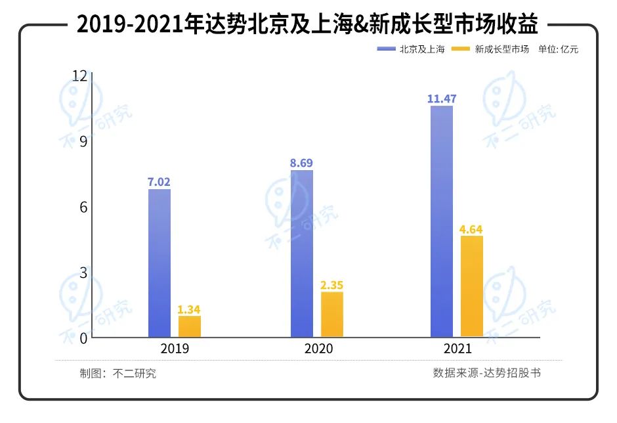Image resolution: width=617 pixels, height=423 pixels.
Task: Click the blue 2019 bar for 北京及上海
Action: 160,263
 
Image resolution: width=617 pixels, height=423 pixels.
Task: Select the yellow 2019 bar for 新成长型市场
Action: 190,326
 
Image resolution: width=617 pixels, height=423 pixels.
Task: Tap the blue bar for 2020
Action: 302,254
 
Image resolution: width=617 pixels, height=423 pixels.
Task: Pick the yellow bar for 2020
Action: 332,315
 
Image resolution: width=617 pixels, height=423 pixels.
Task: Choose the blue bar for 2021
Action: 442,221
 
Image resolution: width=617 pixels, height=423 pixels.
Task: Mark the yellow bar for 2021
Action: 472,286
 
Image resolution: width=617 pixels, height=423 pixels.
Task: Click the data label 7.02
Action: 160,181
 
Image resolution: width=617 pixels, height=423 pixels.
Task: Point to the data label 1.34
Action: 190,309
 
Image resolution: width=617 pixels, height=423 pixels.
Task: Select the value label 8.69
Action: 302,162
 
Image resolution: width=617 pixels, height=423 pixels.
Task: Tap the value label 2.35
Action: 332,285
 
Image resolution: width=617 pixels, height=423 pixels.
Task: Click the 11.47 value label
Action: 442,99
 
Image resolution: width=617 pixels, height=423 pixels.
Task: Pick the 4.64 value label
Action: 472,229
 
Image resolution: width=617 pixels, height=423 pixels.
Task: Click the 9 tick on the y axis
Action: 83,141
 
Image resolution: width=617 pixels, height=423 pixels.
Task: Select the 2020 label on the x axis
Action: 318,349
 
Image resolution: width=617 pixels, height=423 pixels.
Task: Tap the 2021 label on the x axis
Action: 458,349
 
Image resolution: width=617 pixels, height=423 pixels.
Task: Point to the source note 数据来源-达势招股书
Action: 486,373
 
